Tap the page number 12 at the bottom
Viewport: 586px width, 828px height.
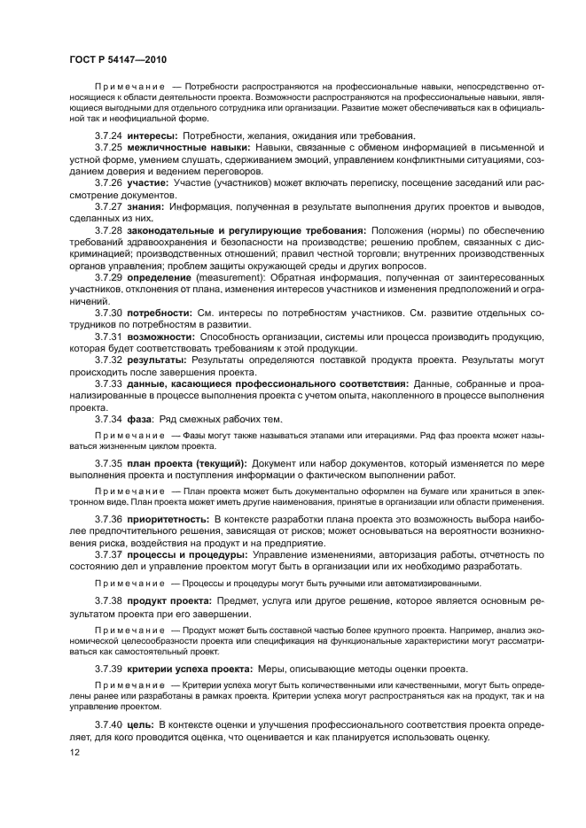[74, 753]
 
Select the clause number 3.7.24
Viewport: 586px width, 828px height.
[110, 135]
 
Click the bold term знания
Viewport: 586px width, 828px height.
[147, 206]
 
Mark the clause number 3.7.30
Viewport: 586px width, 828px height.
[110, 313]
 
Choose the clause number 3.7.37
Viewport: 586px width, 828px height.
[110, 554]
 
